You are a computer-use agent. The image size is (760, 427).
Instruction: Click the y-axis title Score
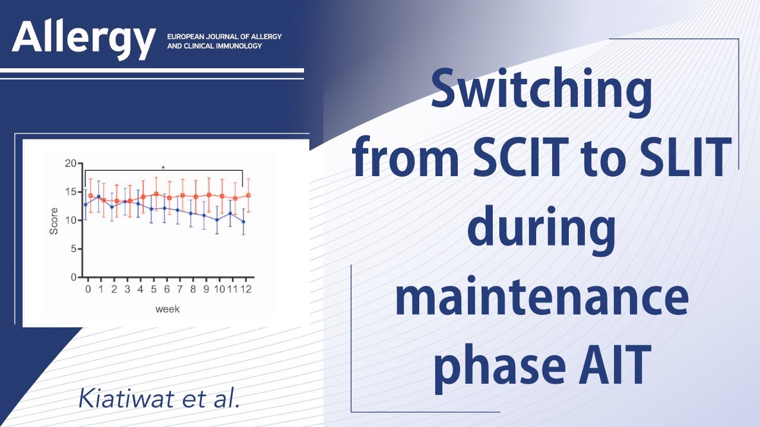click(x=54, y=221)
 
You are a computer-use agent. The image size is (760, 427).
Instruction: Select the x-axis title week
click(x=167, y=309)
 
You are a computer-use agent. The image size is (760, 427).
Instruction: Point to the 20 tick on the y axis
click(x=71, y=163)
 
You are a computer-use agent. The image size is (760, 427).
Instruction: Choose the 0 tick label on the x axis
click(x=88, y=289)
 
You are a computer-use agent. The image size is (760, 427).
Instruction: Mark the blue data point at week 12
click(x=243, y=222)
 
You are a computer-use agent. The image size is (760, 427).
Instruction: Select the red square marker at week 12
click(x=248, y=195)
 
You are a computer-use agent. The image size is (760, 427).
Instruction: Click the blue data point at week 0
click(x=85, y=205)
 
